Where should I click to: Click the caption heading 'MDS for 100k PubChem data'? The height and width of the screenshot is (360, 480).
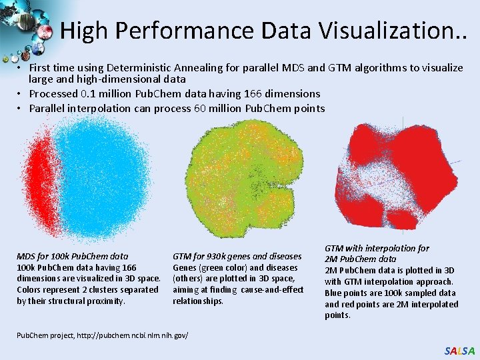pos(72,256)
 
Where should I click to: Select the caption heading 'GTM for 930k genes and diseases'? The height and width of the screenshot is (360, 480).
pos(237,256)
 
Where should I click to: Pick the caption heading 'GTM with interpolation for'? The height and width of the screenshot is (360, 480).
pos(377,248)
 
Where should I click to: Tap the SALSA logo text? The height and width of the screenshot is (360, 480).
pos(460,351)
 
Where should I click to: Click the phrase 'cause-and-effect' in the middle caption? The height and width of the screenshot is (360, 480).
pos(272,290)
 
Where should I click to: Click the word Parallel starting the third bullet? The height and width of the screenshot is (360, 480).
pos(47,108)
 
